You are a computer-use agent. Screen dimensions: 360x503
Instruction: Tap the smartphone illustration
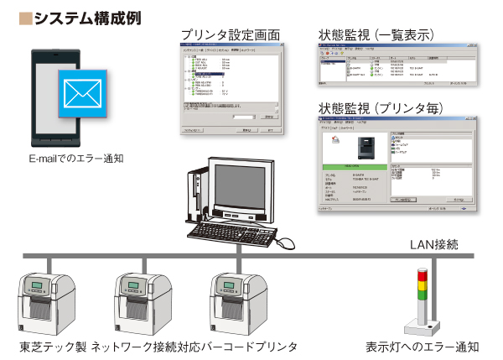pos(52,97)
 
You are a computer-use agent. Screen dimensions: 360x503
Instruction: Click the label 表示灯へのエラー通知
pos(423,347)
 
